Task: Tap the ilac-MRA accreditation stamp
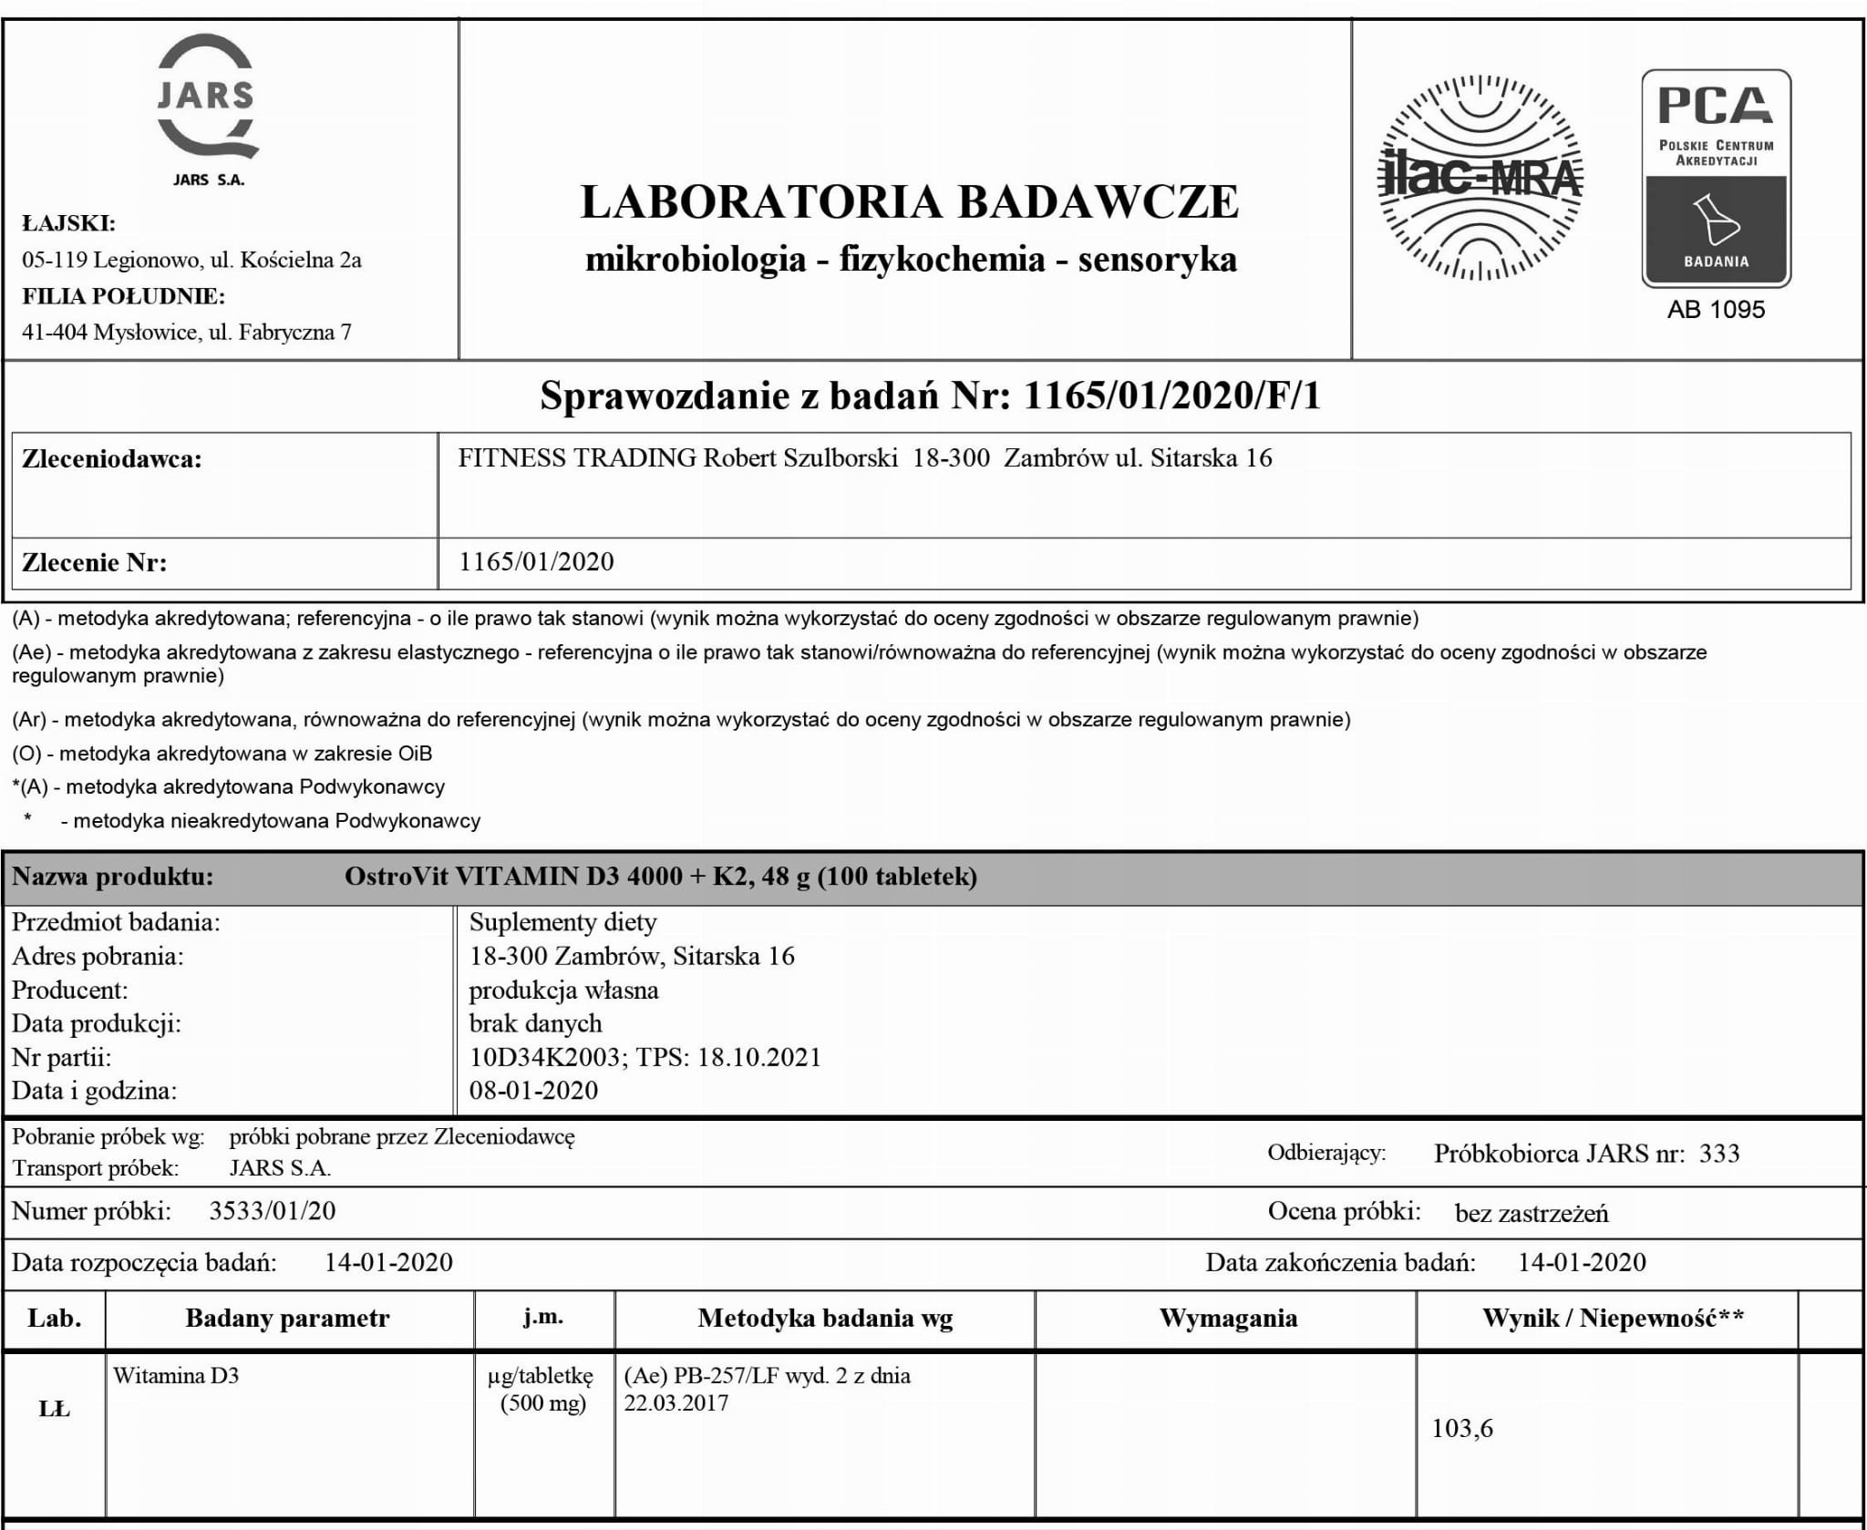click(x=1480, y=177)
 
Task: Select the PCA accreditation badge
click(x=1716, y=179)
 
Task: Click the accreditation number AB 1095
click(x=1716, y=310)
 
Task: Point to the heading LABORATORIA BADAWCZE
click(x=909, y=202)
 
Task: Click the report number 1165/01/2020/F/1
click(x=1172, y=395)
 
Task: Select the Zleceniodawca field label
click(x=111, y=459)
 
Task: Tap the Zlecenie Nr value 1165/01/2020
click(x=536, y=561)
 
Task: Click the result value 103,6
click(x=1462, y=1428)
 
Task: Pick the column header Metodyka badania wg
click(x=825, y=1319)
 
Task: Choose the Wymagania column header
click(x=1228, y=1319)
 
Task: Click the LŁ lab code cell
click(x=55, y=1409)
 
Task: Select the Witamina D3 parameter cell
click(x=176, y=1376)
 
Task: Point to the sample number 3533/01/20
click(x=273, y=1211)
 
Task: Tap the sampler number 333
click(x=1719, y=1154)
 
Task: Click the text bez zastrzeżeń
click(x=1532, y=1213)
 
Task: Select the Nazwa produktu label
click(x=112, y=877)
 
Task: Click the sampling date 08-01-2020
click(x=533, y=1091)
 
